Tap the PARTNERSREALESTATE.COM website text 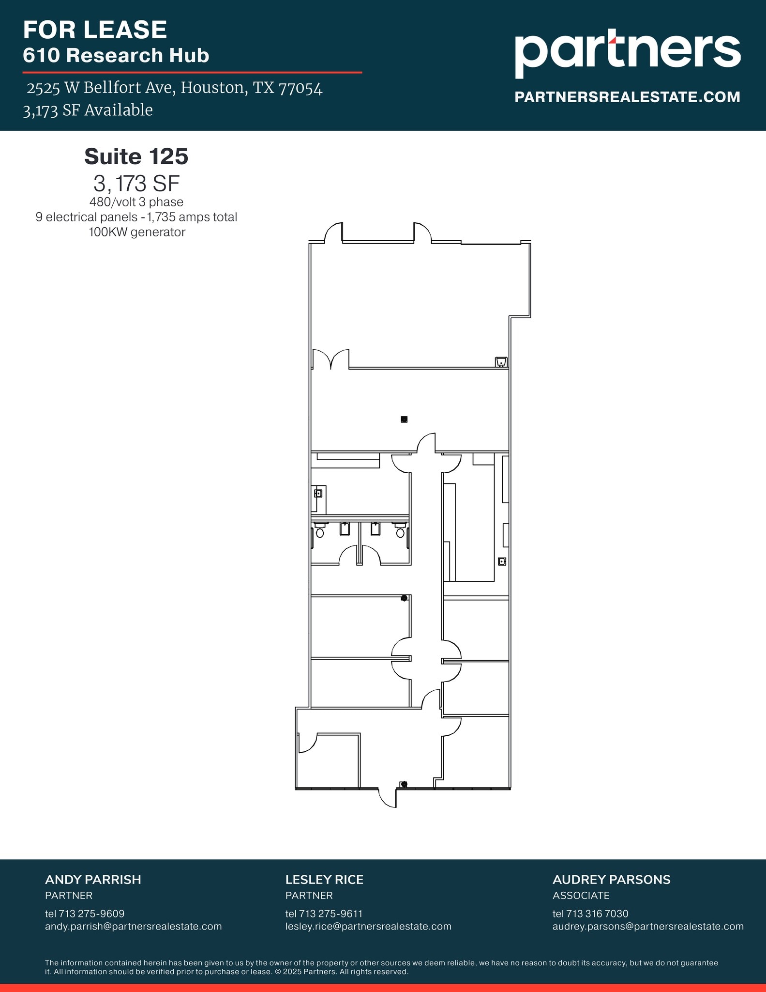[x=627, y=97]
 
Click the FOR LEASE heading [x=95, y=30]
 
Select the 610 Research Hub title [x=116, y=55]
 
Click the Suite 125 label [x=136, y=156]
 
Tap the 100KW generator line [x=137, y=232]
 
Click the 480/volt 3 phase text [x=136, y=202]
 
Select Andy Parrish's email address [x=133, y=926]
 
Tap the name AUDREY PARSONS [x=611, y=880]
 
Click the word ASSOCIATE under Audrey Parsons [x=581, y=895]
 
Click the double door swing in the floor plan [x=331, y=359]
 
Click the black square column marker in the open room [x=404, y=419]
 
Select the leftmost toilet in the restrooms [x=319, y=532]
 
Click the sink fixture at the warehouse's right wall [x=501, y=362]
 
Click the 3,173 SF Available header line [x=88, y=110]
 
